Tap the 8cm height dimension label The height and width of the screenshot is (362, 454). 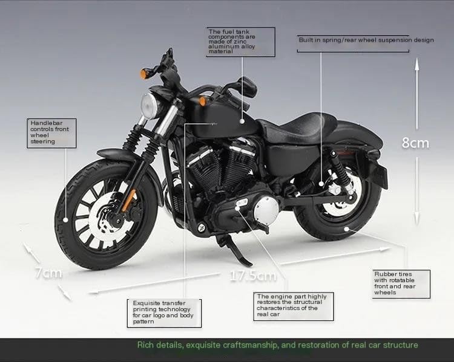point(415,143)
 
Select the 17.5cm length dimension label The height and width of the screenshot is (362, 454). point(252,276)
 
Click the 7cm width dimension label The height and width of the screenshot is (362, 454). point(48,273)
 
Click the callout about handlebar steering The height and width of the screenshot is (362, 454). point(53,132)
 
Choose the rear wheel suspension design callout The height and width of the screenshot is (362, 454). point(366,40)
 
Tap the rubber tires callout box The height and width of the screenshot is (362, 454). point(401,283)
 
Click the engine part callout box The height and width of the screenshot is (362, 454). point(292,305)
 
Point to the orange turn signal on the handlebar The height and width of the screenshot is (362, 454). point(145,74)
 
